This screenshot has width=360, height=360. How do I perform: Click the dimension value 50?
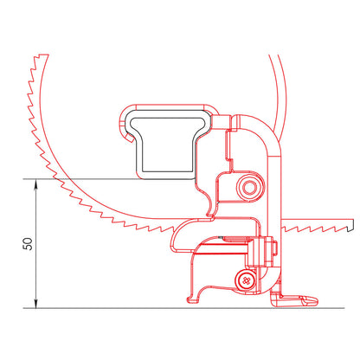[x=28, y=243]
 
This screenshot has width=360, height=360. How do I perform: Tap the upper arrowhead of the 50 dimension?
[x=35, y=182]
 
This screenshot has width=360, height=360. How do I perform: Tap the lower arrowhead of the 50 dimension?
[x=35, y=304]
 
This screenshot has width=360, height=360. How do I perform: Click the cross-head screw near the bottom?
[x=247, y=279]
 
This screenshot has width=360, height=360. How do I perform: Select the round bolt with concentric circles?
[x=250, y=186]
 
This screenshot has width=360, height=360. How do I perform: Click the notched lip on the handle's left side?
[x=123, y=127]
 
